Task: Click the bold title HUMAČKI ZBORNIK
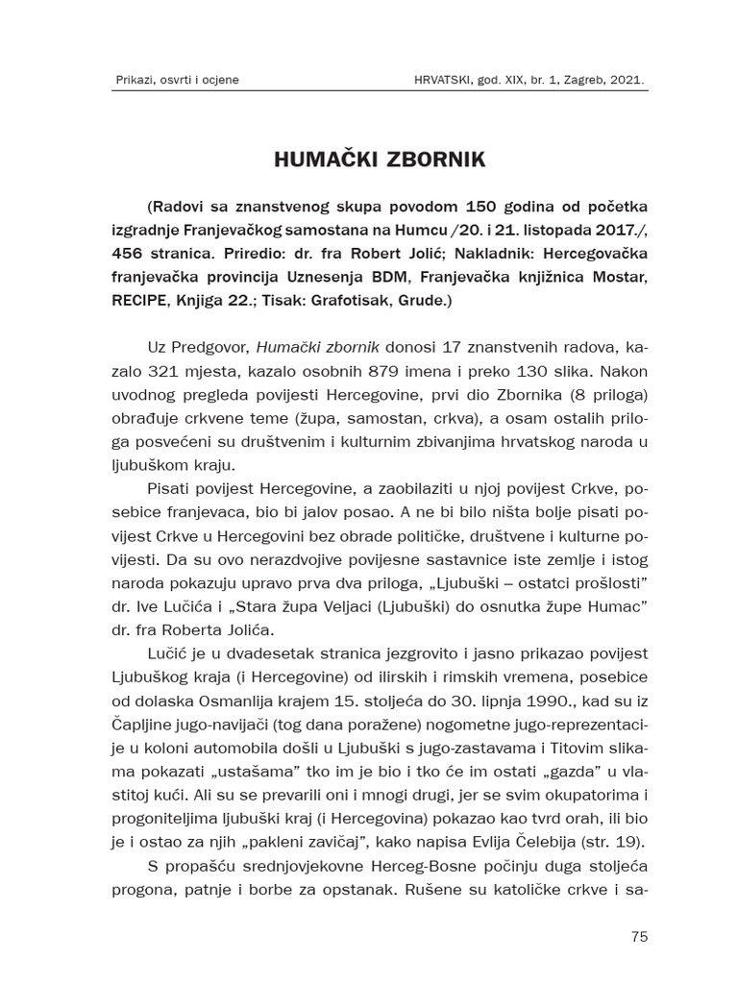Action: [367, 160]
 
